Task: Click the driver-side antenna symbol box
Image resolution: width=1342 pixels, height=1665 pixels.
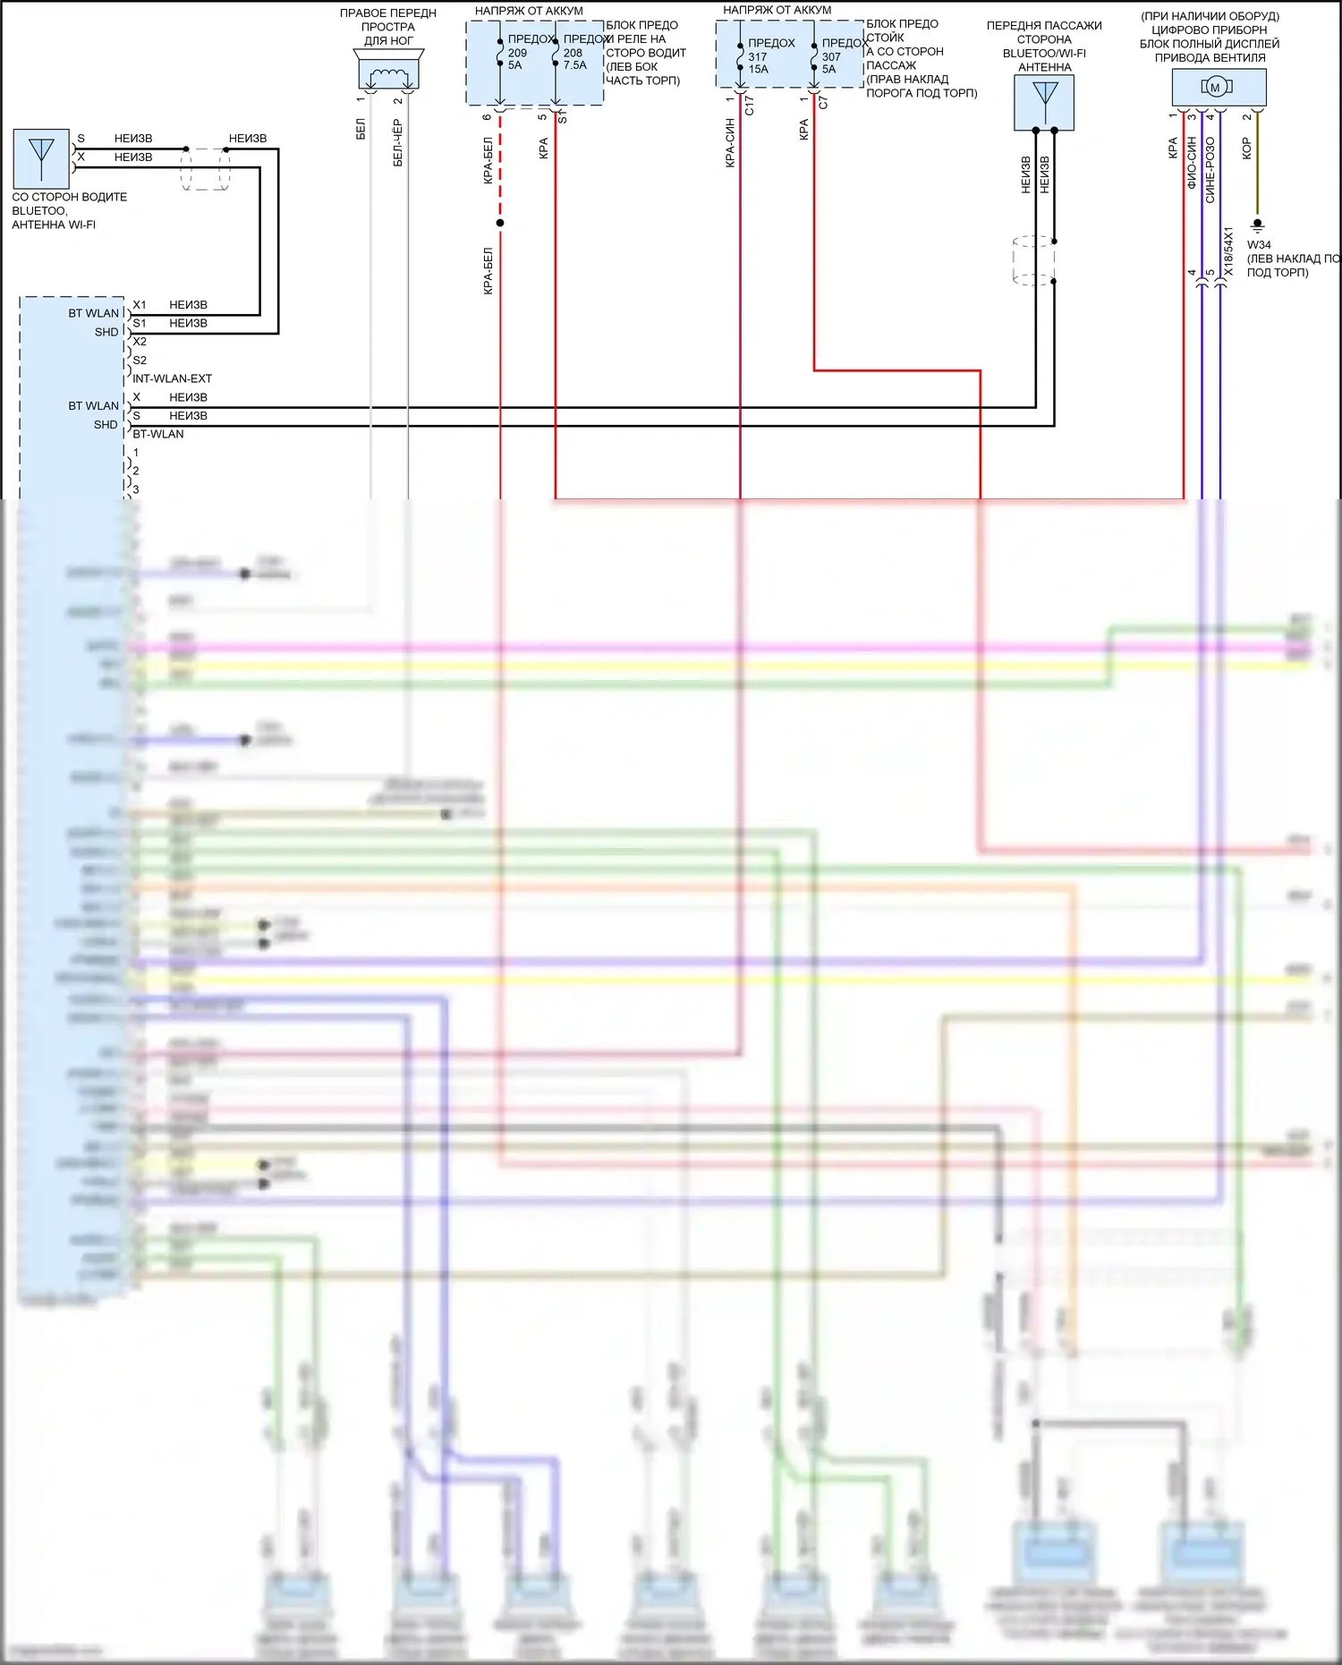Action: click(41, 158)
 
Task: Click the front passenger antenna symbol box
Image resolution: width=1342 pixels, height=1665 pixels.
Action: click(1044, 100)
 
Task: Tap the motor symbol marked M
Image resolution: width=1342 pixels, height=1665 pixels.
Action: click(1215, 87)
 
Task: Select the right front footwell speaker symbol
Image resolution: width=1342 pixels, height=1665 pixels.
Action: click(388, 70)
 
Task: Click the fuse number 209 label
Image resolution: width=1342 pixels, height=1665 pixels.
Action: click(517, 53)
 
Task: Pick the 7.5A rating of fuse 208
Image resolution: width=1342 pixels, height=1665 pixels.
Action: click(575, 65)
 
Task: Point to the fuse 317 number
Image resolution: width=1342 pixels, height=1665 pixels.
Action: click(758, 56)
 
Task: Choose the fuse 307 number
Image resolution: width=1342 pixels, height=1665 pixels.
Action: click(831, 56)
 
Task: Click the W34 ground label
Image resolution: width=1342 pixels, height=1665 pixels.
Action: click(1259, 244)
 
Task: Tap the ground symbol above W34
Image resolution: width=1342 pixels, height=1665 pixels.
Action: click(1257, 226)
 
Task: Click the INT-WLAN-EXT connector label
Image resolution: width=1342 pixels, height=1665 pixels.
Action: click(172, 378)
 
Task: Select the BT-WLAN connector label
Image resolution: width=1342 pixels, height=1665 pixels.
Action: click(158, 434)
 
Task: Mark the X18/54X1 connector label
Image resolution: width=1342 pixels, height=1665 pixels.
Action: click(1228, 251)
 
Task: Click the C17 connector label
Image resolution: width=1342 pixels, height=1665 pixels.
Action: click(749, 106)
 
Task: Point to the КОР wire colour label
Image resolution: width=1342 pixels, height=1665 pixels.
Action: click(1246, 148)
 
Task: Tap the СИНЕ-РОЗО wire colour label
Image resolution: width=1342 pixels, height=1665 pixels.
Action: click(1210, 170)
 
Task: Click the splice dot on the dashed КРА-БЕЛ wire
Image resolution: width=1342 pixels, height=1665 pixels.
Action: click(500, 223)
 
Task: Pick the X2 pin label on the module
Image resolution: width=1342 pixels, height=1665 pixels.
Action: click(140, 342)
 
